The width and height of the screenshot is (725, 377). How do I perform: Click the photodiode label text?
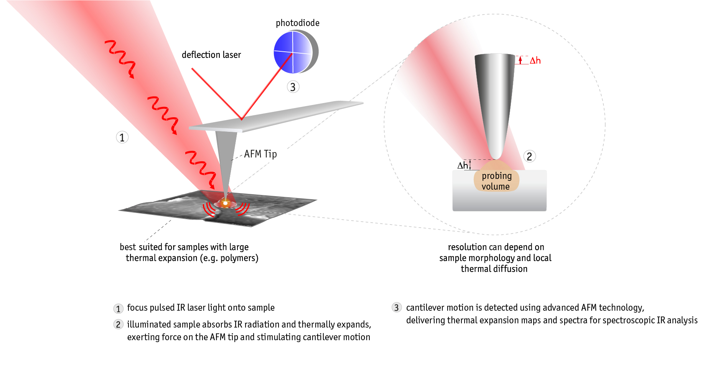coord(297,23)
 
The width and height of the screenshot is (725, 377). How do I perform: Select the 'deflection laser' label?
coord(211,55)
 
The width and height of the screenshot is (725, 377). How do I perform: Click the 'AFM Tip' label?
coord(260,154)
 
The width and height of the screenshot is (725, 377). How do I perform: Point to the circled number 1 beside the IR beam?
coord(122,137)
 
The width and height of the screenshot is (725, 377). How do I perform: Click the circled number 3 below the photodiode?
coord(293,87)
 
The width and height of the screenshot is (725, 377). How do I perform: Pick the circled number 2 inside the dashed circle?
coord(529,156)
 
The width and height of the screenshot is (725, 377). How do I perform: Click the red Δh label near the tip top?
coord(535,61)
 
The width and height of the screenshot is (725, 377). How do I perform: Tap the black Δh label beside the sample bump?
coord(463,165)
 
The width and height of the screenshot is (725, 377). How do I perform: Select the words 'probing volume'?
coord(496,181)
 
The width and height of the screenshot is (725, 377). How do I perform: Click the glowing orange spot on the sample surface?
coord(226,203)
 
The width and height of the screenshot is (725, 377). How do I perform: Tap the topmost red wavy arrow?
coord(121,57)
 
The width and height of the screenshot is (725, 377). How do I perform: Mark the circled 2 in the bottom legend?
coord(118,325)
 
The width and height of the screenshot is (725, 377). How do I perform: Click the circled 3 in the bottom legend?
coord(397,308)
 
